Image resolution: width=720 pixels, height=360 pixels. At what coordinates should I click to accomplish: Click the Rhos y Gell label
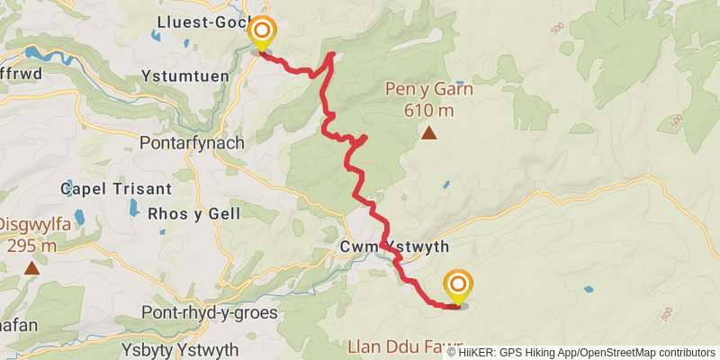193,213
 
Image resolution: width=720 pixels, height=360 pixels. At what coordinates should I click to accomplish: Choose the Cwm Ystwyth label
394,247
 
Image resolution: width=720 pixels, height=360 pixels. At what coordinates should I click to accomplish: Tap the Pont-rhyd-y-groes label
209,312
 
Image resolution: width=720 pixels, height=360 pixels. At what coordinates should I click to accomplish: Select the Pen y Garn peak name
429,89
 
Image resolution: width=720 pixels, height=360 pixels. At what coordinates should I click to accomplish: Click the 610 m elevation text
429,111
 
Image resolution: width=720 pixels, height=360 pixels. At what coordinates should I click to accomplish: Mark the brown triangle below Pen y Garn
429,134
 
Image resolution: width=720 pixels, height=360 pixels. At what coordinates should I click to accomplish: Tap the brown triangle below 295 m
31,267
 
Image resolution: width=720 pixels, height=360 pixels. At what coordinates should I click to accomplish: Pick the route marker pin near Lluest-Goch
262,33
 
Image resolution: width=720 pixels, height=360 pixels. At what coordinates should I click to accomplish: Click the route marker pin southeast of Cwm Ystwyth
457,287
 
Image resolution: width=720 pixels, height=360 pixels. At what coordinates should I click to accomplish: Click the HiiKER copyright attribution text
581,352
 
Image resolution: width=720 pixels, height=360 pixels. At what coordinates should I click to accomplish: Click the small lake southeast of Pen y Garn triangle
445,184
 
